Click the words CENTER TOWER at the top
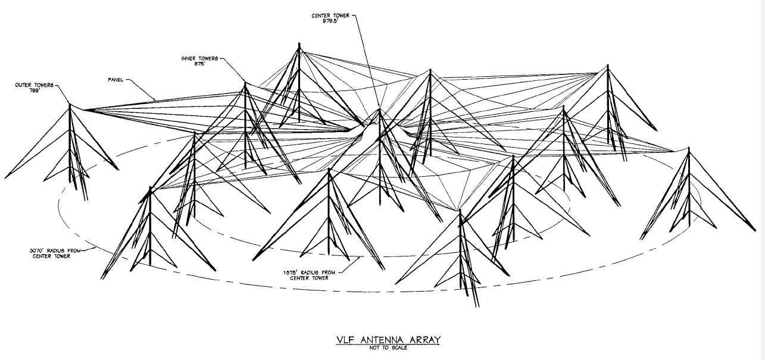click(x=330, y=15)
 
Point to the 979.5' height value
click(x=330, y=21)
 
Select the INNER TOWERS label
click(x=199, y=58)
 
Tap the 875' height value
click(x=199, y=64)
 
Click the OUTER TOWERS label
click(x=34, y=85)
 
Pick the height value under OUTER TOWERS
click(x=34, y=90)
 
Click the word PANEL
click(x=115, y=79)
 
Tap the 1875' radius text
click(x=309, y=272)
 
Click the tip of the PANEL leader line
click(x=157, y=100)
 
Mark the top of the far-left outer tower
click(x=70, y=104)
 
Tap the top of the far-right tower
click(x=689, y=149)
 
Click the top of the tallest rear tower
click(x=299, y=43)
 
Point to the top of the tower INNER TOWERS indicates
click(x=245, y=83)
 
